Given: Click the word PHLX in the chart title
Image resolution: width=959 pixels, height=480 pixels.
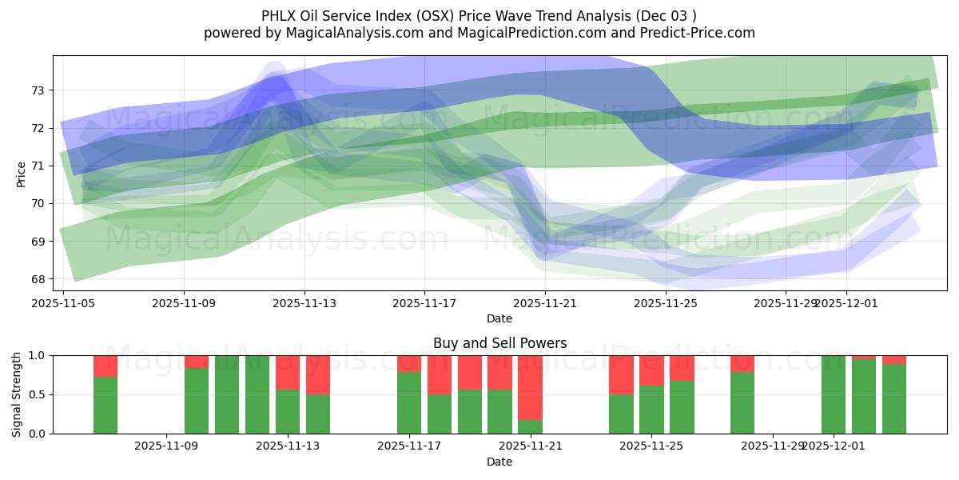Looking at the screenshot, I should click(x=278, y=15).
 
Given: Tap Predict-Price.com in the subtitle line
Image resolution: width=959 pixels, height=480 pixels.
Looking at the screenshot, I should click(x=701, y=33).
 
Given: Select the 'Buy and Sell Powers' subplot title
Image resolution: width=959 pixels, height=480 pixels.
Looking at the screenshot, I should click(x=499, y=343).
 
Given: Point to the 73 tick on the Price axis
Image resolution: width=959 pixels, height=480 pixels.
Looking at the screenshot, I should click(x=38, y=90).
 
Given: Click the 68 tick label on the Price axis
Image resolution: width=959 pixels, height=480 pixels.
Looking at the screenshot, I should click(x=38, y=279).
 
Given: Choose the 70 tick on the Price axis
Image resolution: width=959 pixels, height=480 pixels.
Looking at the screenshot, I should click(x=38, y=204).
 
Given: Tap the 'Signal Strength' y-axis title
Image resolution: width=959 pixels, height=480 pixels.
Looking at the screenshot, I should click(x=17, y=394).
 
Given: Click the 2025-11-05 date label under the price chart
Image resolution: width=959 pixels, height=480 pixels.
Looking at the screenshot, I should click(x=63, y=303).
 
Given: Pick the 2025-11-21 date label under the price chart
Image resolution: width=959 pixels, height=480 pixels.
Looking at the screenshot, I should click(x=544, y=303).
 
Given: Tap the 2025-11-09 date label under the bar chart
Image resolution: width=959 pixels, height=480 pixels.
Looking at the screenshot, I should click(x=166, y=446).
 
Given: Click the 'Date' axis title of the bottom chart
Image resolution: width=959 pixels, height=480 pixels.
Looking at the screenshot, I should click(x=499, y=462).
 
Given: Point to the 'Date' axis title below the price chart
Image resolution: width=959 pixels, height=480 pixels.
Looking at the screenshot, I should click(x=499, y=318).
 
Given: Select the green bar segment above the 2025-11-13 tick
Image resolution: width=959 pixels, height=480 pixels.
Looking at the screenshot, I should click(x=288, y=412).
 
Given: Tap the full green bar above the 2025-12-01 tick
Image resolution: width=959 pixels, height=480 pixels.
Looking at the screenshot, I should click(x=834, y=394).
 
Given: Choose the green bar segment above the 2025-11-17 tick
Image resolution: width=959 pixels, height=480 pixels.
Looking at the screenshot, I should click(x=409, y=403).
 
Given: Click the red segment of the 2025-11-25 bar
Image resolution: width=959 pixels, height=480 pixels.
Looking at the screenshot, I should click(x=651, y=370).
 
